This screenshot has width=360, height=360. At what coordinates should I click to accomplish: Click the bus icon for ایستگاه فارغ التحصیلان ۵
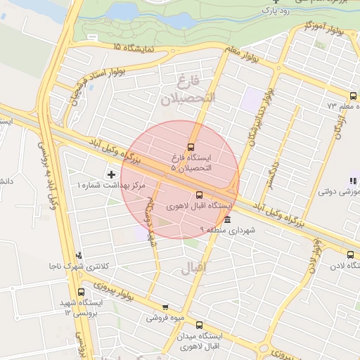[x=191, y=146]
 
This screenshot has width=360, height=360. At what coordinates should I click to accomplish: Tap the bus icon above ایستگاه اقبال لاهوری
[x=199, y=195]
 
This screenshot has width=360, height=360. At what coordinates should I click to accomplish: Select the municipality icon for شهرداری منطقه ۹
[x=226, y=219]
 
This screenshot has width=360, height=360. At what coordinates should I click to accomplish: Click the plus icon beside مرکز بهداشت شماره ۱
[x=111, y=173]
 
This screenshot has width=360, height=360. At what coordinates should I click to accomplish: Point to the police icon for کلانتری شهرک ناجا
[x=79, y=256]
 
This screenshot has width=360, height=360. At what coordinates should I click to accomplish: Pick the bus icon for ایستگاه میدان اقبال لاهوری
[x=199, y=326]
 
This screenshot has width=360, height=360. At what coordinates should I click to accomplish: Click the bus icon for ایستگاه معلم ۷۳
[x=353, y=96]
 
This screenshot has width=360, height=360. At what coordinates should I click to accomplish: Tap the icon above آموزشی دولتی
[x=352, y=181]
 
